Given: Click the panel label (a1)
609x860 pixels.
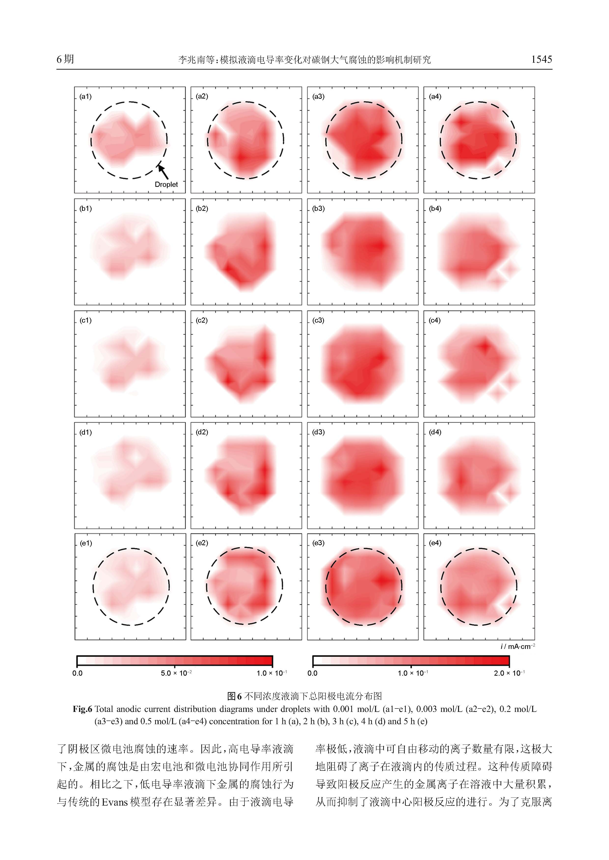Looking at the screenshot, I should pyautogui.click(x=85, y=97).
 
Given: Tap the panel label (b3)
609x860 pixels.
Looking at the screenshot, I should pyautogui.click(x=318, y=209).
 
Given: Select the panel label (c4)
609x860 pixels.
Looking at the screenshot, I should pyautogui.click(x=435, y=321).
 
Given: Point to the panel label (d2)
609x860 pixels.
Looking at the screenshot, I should pyautogui.click(x=202, y=432).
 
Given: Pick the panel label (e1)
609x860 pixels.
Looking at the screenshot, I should pyautogui.click(x=86, y=543).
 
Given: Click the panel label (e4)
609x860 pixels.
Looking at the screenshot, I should pyautogui.click(x=435, y=543).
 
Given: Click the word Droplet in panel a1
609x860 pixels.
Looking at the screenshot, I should pyautogui.click(x=166, y=184).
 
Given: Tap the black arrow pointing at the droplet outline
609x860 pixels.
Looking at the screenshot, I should pyautogui.click(x=163, y=172).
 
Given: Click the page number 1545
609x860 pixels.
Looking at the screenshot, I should pyautogui.click(x=541, y=59).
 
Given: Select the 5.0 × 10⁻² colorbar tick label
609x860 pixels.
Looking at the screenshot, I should pyautogui.click(x=176, y=673).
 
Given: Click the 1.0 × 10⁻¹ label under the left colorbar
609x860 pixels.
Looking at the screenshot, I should pyautogui.click(x=271, y=673).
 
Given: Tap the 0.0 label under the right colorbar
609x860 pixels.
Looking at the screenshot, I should pyautogui.click(x=312, y=673).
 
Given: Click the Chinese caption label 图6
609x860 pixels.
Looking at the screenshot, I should pyautogui.click(x=234, y=696).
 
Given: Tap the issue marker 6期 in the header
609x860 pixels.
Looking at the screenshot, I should pyautogui.click(x=65, y=59).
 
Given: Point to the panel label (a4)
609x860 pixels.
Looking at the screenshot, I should pyautogui.click(x=435, y=97).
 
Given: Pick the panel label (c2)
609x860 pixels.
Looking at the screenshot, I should pyautogui.click(x=202, y=321).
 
